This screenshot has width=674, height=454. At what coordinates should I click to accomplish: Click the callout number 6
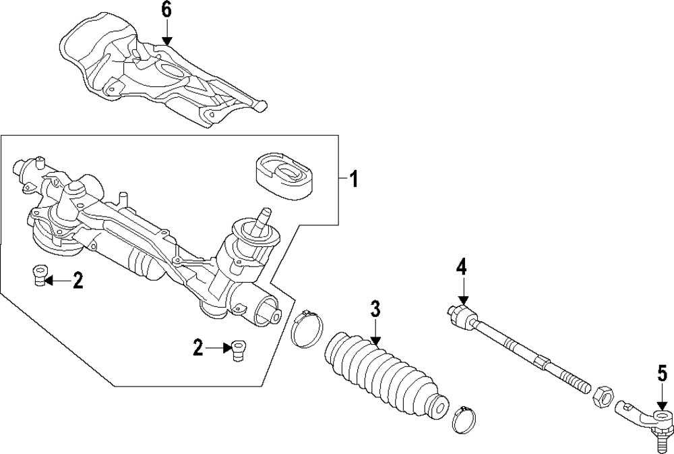click(x=166, y=10)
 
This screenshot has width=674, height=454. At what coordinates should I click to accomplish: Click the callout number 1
click(x=353, y=180)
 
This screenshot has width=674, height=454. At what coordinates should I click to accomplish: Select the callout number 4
click(x=461, y=266)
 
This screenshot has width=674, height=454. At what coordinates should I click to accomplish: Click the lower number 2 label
click(x=198, y=348)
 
